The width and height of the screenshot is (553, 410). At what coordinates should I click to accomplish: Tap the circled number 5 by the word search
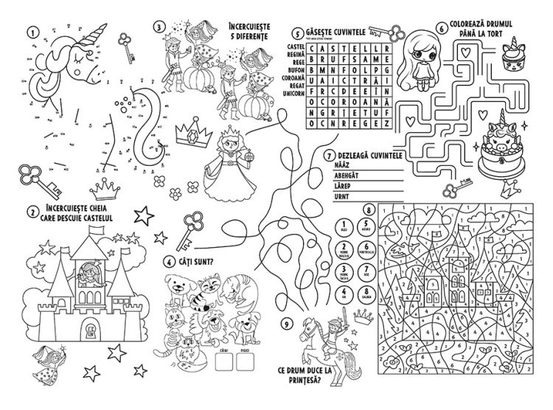pos(296,33)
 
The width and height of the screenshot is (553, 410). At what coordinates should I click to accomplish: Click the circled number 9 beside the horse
pos(287,322)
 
